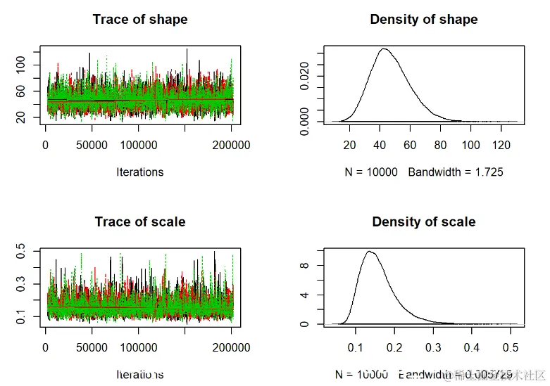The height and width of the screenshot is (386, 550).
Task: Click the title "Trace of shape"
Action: coord(140,20)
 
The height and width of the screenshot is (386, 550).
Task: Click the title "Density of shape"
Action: coord(424,20)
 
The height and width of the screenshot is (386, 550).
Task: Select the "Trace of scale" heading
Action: coord(140,222)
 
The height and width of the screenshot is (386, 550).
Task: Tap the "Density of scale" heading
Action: coord(424,222)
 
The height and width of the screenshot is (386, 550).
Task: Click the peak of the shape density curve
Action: coord(384,49)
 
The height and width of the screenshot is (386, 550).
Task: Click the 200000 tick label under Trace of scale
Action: coord(232,347)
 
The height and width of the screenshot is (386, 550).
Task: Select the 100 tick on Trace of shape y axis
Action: coord(20,65)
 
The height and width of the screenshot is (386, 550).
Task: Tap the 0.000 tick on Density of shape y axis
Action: coord(303,121)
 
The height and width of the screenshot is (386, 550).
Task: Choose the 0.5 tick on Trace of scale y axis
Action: coord(20,251)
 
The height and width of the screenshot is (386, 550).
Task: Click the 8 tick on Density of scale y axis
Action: coord(303,266)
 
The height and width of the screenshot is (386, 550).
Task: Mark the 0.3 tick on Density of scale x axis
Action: coord(433,348)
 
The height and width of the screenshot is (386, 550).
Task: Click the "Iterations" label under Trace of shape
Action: coord(140,172)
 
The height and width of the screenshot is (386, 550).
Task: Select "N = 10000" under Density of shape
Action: coord(374,172)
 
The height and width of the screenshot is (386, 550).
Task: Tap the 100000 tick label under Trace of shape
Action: coord(139,145)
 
